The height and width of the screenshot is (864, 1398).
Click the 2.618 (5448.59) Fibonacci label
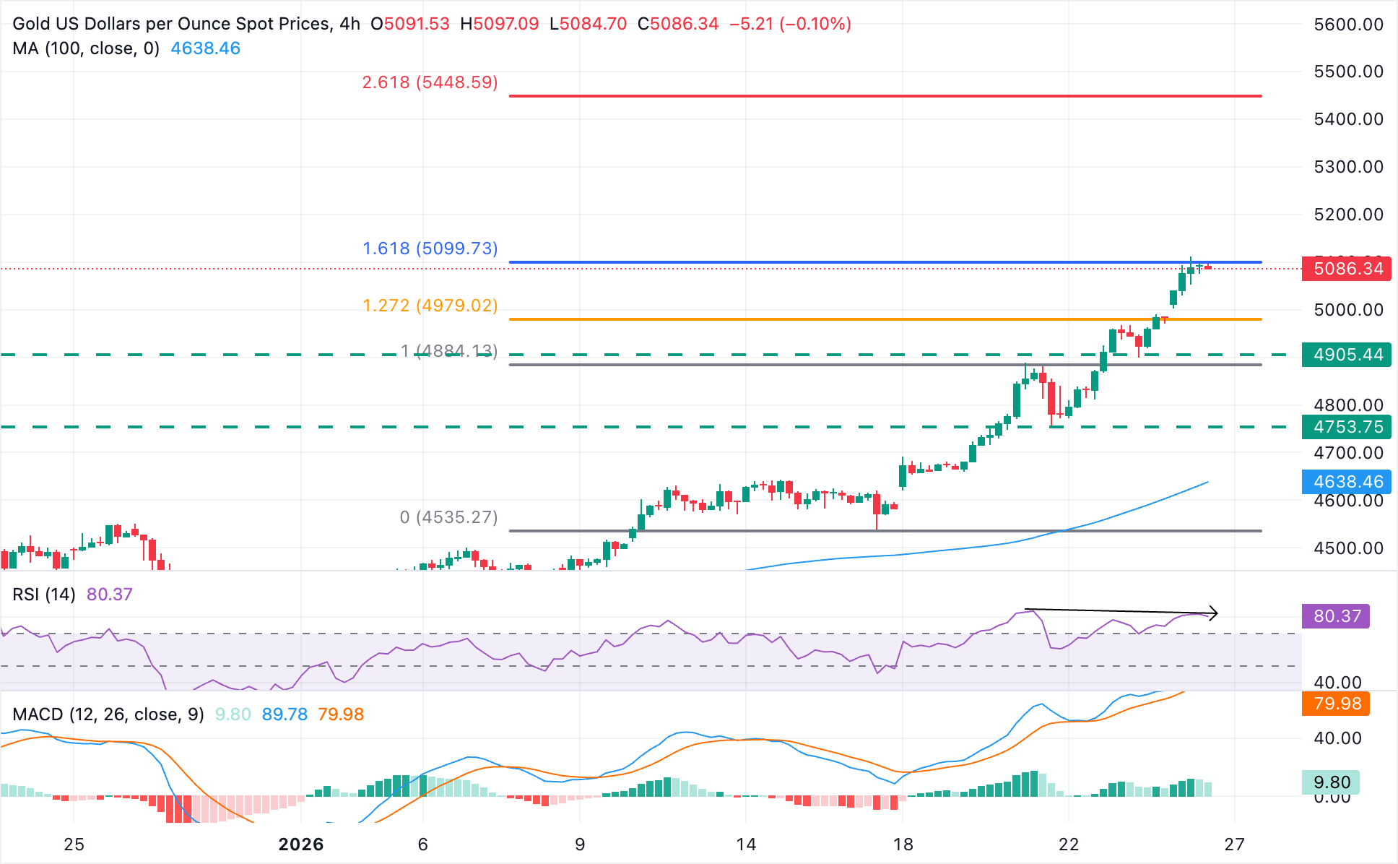(x=430, y=82)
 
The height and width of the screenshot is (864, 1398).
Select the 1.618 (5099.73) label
(x=430, y=249)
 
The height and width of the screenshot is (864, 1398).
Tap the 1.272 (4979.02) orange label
(x=430, y=306)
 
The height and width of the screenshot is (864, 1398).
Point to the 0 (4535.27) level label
(x=448, y=517)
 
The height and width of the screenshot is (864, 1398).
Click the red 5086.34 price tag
(x=1347, y=269)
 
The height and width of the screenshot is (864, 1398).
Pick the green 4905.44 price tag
(x=1347, y=355)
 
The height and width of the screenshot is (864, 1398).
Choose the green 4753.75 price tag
(x=1347, y=427)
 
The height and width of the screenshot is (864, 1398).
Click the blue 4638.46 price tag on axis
(x=1347, y=482)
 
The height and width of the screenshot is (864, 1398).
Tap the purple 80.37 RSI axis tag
(x=1336, y=616)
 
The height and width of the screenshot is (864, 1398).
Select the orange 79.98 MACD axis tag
(x=1336, y=704)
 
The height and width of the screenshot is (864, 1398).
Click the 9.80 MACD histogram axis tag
(x=1331, y=782)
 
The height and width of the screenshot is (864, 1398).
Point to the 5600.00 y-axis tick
(x=1348, y=25)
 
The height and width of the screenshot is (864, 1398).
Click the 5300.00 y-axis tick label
(x=1348, y=167)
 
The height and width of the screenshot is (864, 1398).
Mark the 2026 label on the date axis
(x=301, y=844)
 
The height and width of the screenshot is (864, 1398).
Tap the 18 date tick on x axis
(x=903, y=844)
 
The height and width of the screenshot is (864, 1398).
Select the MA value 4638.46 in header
(x=205, y=48)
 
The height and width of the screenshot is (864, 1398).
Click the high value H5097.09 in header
(x=500, y=24)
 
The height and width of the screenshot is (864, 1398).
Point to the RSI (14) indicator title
(x=44, y=595)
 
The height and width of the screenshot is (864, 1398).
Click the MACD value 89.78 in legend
(x=285, y=714)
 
